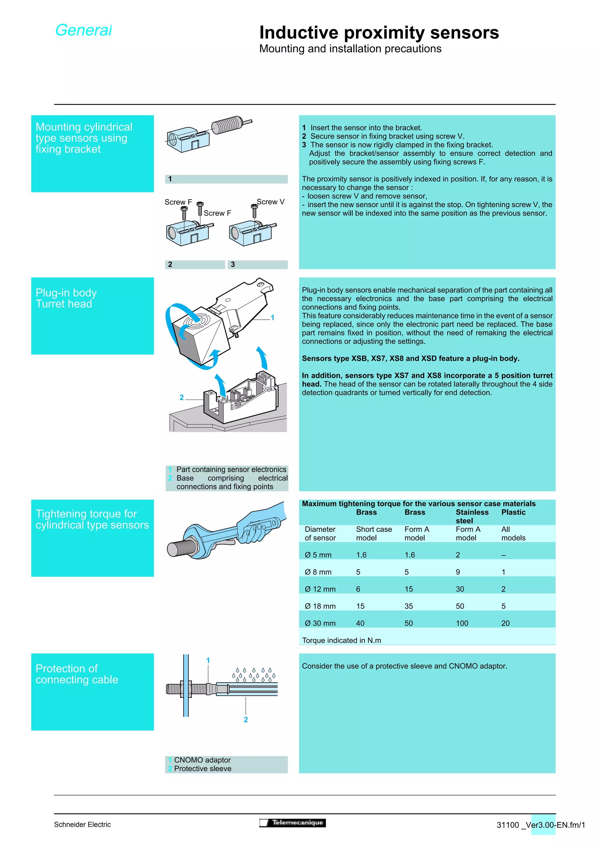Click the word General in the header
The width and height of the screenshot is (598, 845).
[x=83, y=30]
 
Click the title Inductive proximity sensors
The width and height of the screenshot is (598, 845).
[x=379, y=32]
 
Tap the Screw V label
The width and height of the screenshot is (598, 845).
[x=270, y=202]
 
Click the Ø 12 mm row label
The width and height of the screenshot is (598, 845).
[x=320, y=589]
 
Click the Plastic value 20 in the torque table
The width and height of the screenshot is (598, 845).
[x=505, y=623]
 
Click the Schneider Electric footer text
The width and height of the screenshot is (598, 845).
[x=82, y=824]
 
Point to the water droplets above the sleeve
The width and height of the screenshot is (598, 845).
[x=253, y=675]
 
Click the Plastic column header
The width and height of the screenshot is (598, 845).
[x=513, y=512]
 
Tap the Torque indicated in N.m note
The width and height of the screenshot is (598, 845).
[x=341, y=640]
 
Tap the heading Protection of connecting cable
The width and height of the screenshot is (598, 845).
[x=77, y=674]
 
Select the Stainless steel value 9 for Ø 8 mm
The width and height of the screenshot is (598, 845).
[x=458, y=572]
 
